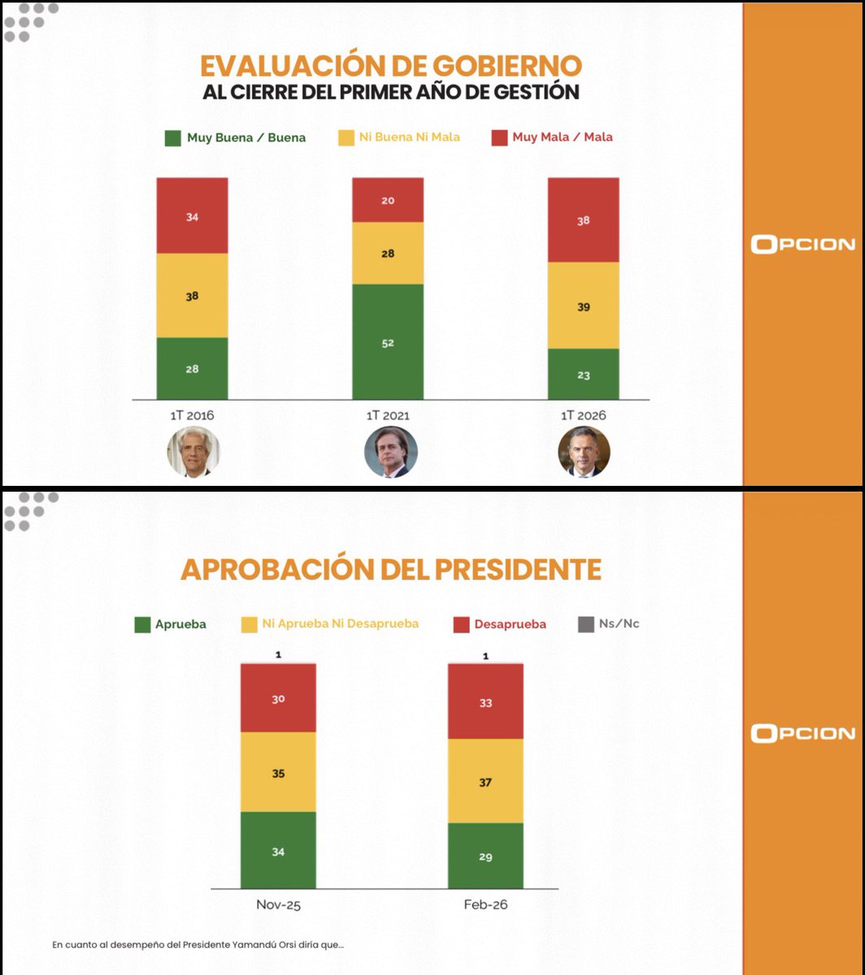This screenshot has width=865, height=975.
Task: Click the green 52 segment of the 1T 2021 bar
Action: click(388, 341)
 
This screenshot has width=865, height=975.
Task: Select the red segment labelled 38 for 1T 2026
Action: click(583, 219)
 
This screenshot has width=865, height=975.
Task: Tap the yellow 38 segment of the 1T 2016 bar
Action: click(192, 296)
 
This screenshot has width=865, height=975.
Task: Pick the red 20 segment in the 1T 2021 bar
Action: click(388, 200)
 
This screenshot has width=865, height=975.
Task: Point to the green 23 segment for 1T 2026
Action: click(583, 375)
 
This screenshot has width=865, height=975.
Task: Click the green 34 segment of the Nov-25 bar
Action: click(278, 850)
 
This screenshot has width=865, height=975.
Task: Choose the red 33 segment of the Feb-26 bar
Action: click(485, 701)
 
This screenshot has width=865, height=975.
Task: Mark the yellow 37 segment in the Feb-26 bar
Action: click(485, 781)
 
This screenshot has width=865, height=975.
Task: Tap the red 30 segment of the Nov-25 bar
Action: click(278, 697)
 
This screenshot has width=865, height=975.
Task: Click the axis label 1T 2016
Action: click(193, 415)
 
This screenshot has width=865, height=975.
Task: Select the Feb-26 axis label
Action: click(485, 904)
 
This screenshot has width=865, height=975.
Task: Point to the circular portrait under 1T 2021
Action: click(390, 452)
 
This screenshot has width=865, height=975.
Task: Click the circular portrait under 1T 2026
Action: click(584, 452)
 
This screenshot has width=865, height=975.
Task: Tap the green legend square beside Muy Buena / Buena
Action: click(173, 137)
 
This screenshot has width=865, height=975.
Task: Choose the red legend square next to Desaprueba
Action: click(461, 625)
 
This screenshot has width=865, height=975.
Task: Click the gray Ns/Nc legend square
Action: click(585, 624)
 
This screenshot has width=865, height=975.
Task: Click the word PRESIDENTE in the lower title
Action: click(511, 570)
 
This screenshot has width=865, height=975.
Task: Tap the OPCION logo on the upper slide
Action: click(802, 244)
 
